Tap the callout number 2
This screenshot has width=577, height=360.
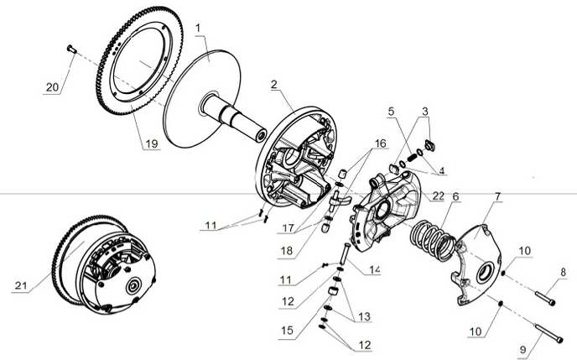pyautogui.click(x=273, y=86)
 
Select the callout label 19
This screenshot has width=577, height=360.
pyautogui.click(x=150, y=144)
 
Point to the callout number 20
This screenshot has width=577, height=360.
pyautogui.click(x=52, y=88)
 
